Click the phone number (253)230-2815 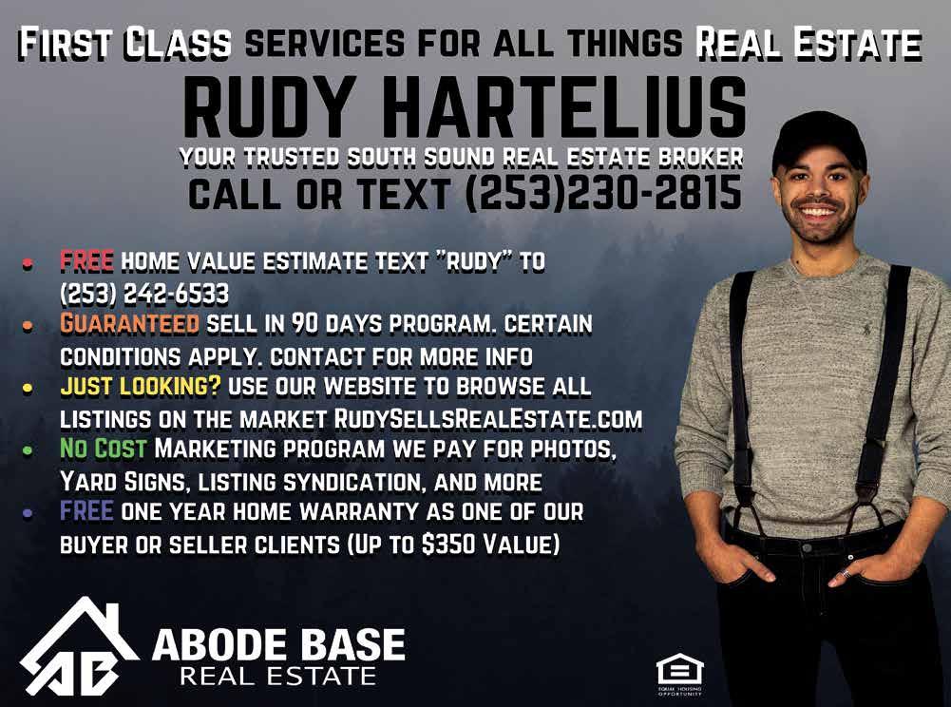click(603, 193)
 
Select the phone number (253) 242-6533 click(144, 294)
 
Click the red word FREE click(86, 261)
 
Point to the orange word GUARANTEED click(129, 323)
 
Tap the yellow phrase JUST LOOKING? click(141, 387)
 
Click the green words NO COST click(104, 449)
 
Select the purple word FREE click(86, 511)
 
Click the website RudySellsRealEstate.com click(488, 419)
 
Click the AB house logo click(78, 646)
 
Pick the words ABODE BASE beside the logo click(278, 644)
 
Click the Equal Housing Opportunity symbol click(680, 674)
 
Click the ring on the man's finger click(845, 572)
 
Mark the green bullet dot click(28, 450)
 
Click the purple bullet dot click(28, 513)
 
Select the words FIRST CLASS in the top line click(125, 44)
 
